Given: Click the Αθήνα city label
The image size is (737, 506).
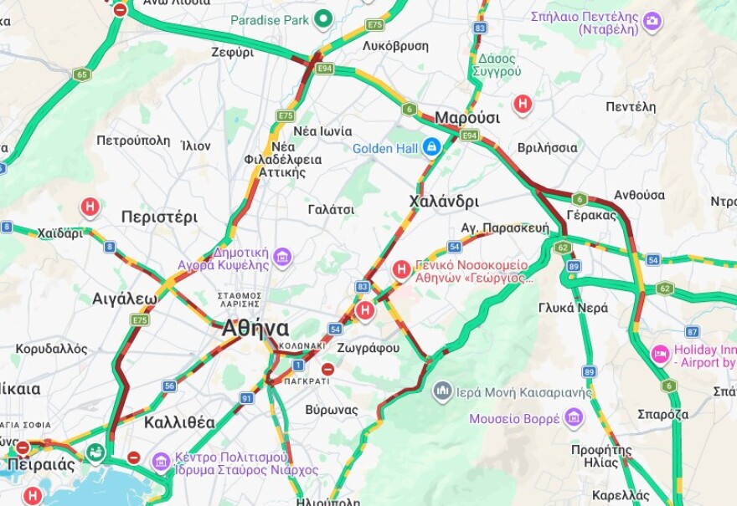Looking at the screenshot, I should (x=255, y=328).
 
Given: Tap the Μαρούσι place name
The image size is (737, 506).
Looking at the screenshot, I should (x=466, y=117).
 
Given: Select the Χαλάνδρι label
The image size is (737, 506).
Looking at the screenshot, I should (x=444, y=202).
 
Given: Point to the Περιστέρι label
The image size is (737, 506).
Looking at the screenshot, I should (x=159, y=217).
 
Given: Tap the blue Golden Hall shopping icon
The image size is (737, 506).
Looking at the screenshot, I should (x=431, y=148).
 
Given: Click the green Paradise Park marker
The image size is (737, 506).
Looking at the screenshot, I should (x=323, y=19).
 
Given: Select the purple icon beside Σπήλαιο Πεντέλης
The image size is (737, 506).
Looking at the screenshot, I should (x=652, y=22).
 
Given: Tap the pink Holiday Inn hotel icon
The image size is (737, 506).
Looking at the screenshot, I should (x=661, y=355).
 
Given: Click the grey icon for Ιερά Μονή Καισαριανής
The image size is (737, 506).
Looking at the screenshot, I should (x=443, y=391).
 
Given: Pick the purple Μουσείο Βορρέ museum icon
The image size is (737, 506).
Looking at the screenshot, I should (x=574, y=417).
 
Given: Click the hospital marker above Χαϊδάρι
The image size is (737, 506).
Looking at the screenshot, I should (x=90, y=207).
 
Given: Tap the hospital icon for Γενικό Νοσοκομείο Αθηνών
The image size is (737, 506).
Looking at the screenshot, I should (x=402, y=269).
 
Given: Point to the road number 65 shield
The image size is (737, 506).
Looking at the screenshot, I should (x=81, y=74).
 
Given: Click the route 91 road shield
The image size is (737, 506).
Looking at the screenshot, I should (x=246, y=398).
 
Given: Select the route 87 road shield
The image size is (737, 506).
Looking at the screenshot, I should (x=692, y=332).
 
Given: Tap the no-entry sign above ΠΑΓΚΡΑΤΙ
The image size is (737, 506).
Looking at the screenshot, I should (x=327, y=369).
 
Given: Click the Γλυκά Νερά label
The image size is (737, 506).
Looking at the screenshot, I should (x=573, y=308).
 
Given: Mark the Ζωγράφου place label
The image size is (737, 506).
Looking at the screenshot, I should (x=368, y=348).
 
